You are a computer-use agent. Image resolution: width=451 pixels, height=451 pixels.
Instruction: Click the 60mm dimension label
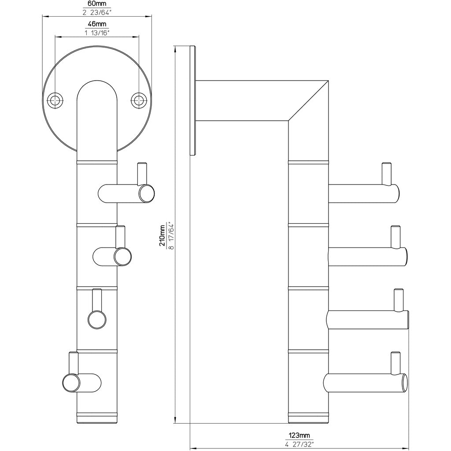click(x=97, y=4)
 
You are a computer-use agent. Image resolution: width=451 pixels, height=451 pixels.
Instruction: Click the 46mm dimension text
click(x=97, y=24)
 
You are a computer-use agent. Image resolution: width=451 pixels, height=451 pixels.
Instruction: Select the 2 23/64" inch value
click(x=97, y=12)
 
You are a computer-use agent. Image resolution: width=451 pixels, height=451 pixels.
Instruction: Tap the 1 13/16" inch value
click(x=97, y=32)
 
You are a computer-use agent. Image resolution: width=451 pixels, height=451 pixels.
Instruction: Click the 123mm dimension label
click(x=299, y=436)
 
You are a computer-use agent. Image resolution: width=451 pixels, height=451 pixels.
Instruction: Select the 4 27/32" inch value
click(x=299, y=444)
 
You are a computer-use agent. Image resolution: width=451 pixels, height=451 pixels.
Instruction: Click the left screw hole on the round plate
click(x=55, y=100)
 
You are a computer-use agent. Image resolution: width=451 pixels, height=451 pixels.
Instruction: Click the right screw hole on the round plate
click(x=139, y=100)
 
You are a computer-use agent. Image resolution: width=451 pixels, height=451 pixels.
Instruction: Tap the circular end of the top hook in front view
click(x=147, y=193)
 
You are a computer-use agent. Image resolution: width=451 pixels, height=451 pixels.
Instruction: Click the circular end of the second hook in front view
click(x=122, y=257)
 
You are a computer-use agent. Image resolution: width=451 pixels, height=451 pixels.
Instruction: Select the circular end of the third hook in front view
click(x=97, y=319)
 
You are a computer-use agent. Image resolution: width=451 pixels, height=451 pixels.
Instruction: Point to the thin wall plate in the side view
click(x=192, y=100)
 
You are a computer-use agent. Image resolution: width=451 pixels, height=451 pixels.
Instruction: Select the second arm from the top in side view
click(x=366, y=257)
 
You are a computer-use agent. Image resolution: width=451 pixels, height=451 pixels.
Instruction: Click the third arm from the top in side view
click(x=368, y=320)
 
